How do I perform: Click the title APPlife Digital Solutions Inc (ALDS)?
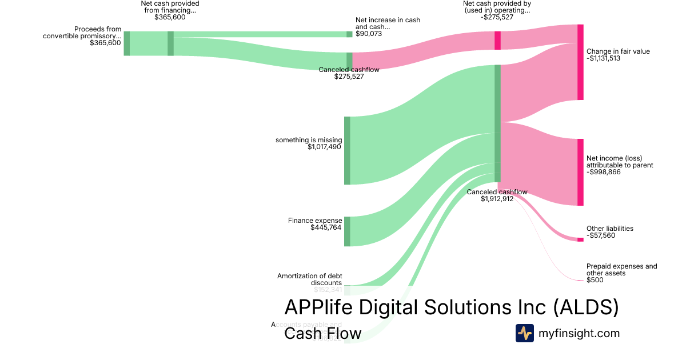(x=451, y=307)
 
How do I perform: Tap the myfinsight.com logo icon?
(x=524, y=333)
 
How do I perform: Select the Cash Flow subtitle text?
(x=322, y=333)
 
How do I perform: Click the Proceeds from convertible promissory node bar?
(x=127, y=43)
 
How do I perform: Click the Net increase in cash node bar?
(x=349, y=34)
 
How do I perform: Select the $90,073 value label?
(x=369, y=34)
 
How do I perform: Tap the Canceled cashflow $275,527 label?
(x=349, y=73)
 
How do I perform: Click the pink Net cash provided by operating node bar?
(x=497, y=41)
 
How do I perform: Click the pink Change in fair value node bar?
(x=580, y=62)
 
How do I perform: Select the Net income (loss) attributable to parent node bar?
(x=580, y=172)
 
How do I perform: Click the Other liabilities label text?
(x=609, y=229)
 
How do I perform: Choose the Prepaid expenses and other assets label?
(x=621, y=270)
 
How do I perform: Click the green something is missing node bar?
(x=347, y=150)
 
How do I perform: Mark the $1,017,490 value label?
(x=324, y=147)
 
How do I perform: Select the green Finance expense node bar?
(x=347, y=231)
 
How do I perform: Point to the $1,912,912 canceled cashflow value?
(x=497, y=199)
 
